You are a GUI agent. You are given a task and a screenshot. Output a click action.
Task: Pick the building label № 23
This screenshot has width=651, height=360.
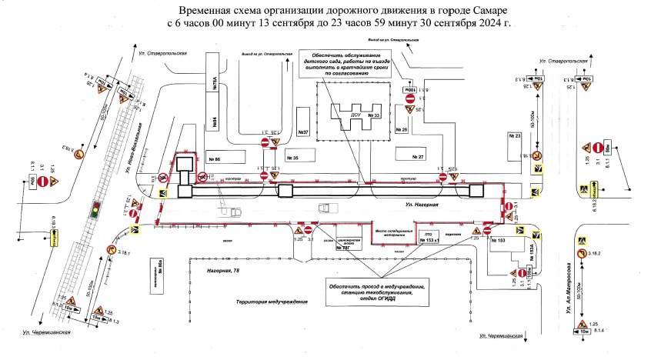point(514,135)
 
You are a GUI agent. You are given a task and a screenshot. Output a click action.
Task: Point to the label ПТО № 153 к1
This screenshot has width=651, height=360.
point(431,237)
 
